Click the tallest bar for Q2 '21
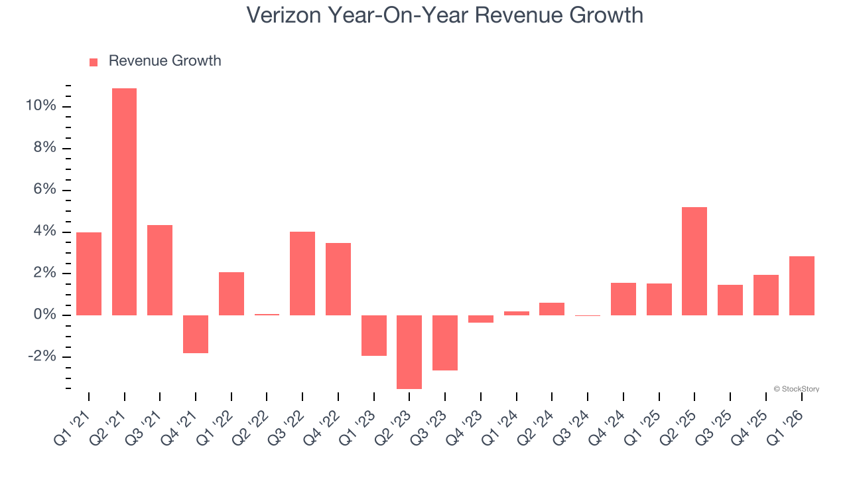pyautogui.click(x=124, y=202)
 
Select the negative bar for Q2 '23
pyautogui.click(x=409, y=352)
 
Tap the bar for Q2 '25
pyautogui.click(x=694, y=261)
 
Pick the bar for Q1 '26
pyautogui.click(x=801, y=285)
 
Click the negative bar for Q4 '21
pyautogui.click(x=196, y=334)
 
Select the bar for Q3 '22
pyautogui.click(x=302, y=274)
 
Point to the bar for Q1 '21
pyautogui.click(x=89, y=274)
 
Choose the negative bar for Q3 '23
pyautogui.click(x=445, y=343)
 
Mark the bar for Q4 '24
pyautogui.click(x=623, y=299)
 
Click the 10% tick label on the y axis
pyautogui.click(x=42, y=106)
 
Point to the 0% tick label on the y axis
pyautogui.click(x=45, y=315)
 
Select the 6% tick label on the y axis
pyautogui.click(x=45, y=190)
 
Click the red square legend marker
pyautogui.click(x=94, y=62)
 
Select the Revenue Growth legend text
pyautogui.click(x=164, y=61)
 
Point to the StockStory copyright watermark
pyautogui.click(x=796, y=389)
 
